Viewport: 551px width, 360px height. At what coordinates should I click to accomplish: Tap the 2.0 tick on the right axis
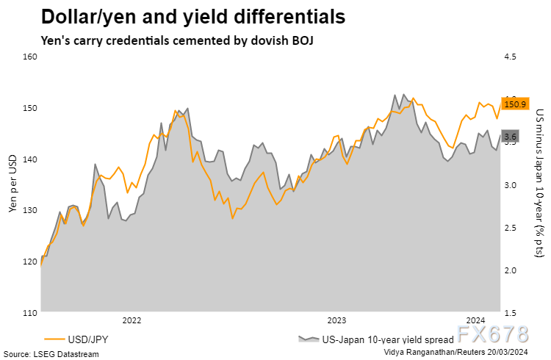coord(511,271)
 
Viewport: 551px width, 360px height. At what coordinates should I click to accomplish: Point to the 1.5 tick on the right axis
coord(511,314)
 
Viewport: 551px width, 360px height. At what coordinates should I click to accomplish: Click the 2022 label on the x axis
coord(132,320)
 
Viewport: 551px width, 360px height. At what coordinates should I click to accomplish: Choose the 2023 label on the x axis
coord(336,320)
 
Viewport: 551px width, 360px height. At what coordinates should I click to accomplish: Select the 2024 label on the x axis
coord(476,320)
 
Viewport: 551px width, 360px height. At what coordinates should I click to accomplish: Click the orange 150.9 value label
coord(512,104)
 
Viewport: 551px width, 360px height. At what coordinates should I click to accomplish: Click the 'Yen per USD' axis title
coord(12,186)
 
